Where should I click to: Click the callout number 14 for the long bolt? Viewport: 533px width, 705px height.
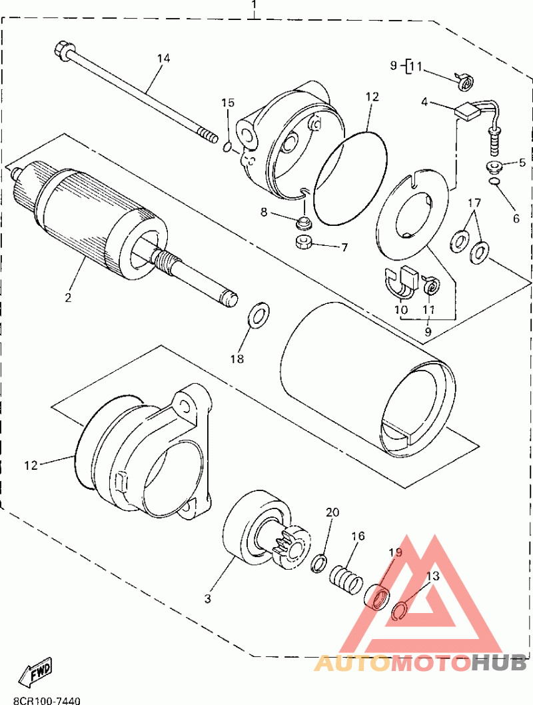click(x=163, y=59)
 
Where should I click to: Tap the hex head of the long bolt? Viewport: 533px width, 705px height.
click(x=61, y=49)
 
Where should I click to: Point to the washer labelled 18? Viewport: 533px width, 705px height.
click(x=259, y=315)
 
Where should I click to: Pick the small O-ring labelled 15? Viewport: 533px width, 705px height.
click(x=228, y=146)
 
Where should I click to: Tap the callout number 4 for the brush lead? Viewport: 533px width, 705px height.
click(x=424, y=103)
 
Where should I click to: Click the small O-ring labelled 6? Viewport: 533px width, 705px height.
click(x=494, y=183)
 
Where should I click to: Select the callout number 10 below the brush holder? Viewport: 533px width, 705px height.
click(x=400, y=310)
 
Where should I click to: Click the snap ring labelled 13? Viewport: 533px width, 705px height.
click(x=400, y=610)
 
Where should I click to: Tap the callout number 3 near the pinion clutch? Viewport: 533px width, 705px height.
click(x=207, y=599)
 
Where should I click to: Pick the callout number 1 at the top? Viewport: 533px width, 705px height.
click(x=254, y=5)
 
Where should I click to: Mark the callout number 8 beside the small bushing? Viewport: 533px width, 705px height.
click(x=264, y=213)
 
